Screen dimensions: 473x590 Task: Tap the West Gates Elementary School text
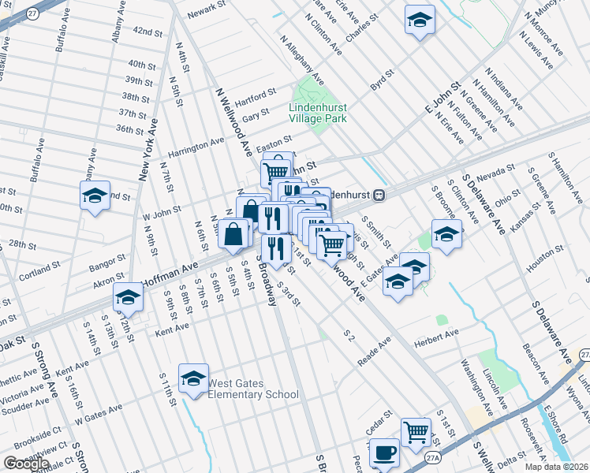[253, 389]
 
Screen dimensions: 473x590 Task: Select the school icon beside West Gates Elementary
[193, 380]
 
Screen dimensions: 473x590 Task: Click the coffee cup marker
[384, 453]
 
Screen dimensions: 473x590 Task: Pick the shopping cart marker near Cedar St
[416, 432]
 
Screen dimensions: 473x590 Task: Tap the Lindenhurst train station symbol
[379, 194]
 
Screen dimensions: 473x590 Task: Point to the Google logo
[26, 463]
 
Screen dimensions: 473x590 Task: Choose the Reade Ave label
[374, 348]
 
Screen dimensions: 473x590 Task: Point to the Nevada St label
[495, 171]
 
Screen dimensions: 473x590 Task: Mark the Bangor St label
[106, 259]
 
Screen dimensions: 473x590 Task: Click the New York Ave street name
[148, 150]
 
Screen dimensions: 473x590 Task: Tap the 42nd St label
[147, 31]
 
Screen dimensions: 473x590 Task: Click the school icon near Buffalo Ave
[95, 197]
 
